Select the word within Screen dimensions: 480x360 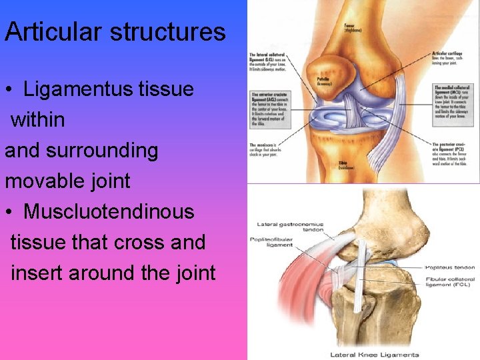(x=38, y=120)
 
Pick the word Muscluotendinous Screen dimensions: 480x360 (x=109, y=212)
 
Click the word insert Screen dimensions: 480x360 (x=37, y=273)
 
